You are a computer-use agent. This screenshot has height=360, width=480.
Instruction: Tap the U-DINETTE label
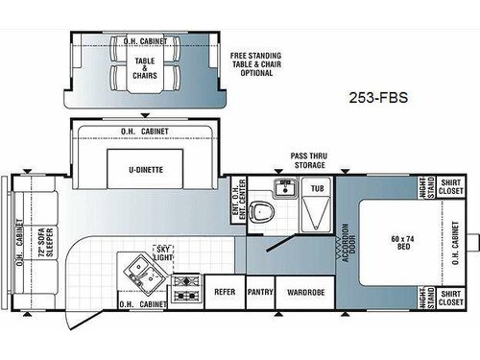[x=144, y=168]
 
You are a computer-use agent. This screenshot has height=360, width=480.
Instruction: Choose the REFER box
[x=224, y=291]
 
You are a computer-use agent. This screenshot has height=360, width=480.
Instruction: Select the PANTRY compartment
[x=259, y=291]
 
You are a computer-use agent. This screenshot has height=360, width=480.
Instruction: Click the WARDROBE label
[x=303, y=291]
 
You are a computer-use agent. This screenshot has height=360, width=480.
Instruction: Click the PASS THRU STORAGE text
[x=314, y=159]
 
